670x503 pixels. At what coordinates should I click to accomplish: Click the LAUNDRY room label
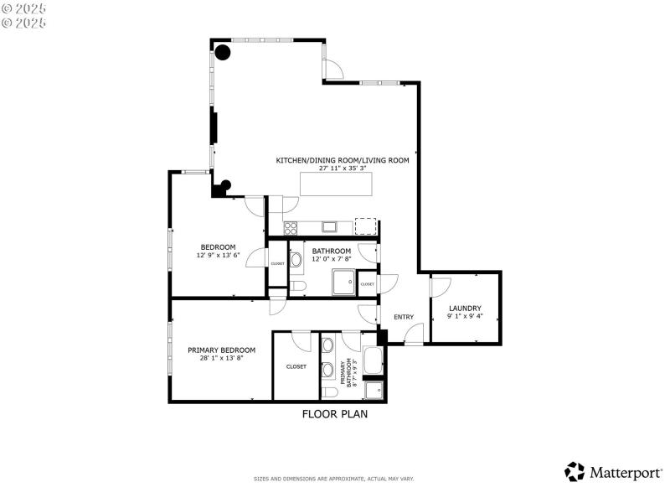[x=464, y=308]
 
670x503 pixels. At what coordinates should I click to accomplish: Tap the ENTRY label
[x=404, y=316]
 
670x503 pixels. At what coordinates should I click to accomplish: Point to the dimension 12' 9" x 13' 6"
[x=219, y=255]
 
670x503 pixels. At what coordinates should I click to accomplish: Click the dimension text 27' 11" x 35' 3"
[x=343, y=168]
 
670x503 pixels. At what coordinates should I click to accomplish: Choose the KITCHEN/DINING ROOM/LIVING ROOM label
[x=343, y=159]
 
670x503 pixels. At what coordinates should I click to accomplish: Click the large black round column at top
[x=223, y=53]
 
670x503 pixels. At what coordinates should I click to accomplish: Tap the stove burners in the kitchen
[x=291, y=226]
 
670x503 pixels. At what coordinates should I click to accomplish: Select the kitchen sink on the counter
[x=329, y=226]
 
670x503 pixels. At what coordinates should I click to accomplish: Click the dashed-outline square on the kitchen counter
[x=365, y=226]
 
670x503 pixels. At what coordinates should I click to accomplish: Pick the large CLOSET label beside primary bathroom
[x=296, y=366]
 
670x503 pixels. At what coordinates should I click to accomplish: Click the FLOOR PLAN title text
[x=334, y=413]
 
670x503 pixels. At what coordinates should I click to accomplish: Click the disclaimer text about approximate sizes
[x=334, y=479]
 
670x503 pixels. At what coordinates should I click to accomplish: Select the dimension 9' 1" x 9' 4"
[x=464, y=317]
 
